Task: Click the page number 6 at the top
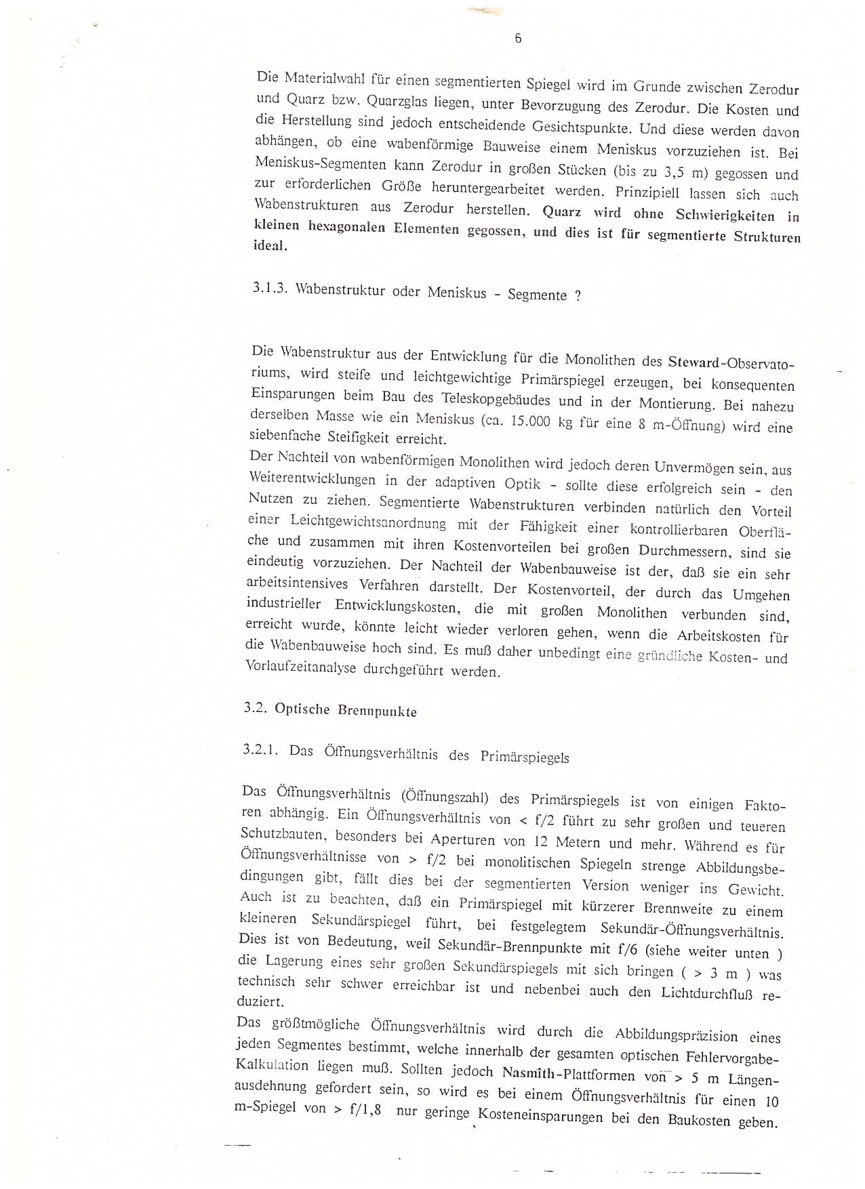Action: (x=518, y=39)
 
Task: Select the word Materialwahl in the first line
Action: (x=325, y=79)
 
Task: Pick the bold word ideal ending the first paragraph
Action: (x=270, y=246)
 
